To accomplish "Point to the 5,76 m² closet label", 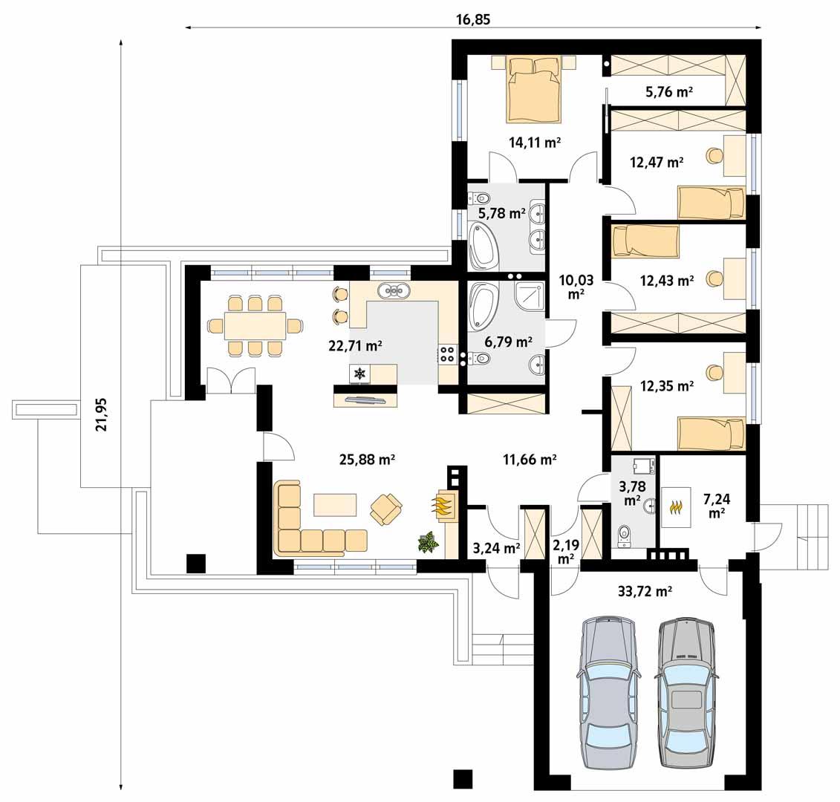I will (668, 93).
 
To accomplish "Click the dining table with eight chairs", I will (255, 325).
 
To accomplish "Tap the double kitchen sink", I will (394, 290).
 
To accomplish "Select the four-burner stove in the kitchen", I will (448, 354).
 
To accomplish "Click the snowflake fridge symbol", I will (360, 374).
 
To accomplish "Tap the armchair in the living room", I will (386, 509).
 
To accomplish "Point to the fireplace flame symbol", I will (443, 507).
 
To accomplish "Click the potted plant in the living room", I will (428, 543).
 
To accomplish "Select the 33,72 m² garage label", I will (645, 592).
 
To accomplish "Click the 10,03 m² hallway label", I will (576, 285).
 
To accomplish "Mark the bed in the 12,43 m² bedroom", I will (645, 241).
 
